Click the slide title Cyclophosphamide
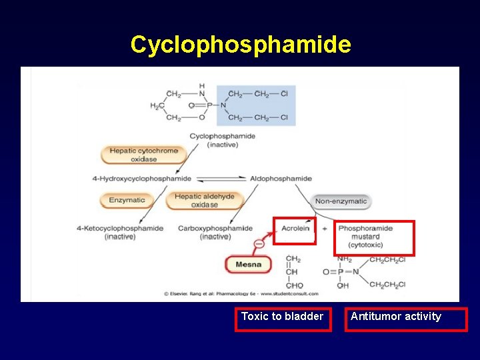point(240,45)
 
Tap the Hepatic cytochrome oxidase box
point(144,155)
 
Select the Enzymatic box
point(127,200)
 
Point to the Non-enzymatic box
point(341,201)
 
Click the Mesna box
point(249,265)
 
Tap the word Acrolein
point(295,228)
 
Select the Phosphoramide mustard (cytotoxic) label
point(365,236)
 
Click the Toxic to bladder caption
point(282,317)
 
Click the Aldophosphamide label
point(281,179)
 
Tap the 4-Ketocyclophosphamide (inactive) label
point(120,232)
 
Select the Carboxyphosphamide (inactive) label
point(215,232)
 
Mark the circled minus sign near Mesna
point(259,243)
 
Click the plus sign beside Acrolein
point(325,228)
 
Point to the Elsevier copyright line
point(241,293)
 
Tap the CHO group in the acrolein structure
point(293,285)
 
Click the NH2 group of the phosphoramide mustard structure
point(345,259)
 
